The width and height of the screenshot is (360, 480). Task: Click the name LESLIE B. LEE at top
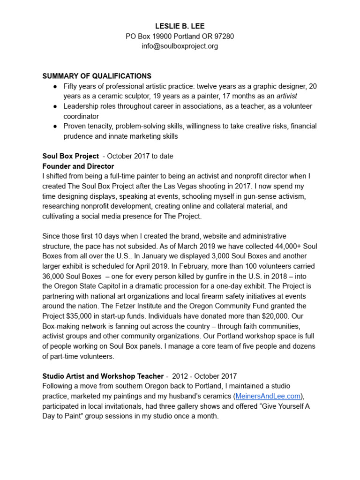point(180,26)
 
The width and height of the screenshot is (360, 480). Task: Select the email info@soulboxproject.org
point(180,46)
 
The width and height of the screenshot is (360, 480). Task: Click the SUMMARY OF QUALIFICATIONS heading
point(97,76)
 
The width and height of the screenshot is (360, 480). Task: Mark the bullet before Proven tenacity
point(55,126)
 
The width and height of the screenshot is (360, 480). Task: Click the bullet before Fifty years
point(55,86)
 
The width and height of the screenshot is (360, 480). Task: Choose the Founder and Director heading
point(78,166)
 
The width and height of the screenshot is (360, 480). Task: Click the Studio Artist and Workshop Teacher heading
point(103,376)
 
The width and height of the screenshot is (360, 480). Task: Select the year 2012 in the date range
point(180,376)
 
